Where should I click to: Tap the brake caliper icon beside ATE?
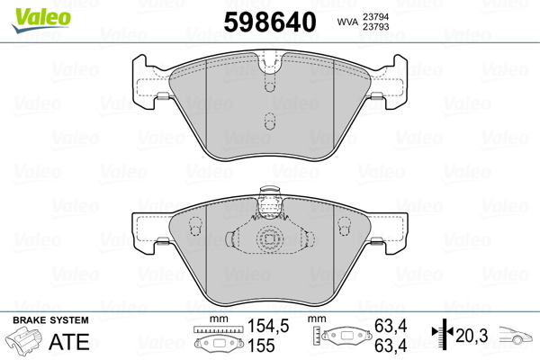coord(25,342)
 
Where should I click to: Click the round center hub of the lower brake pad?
coord(269,239)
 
